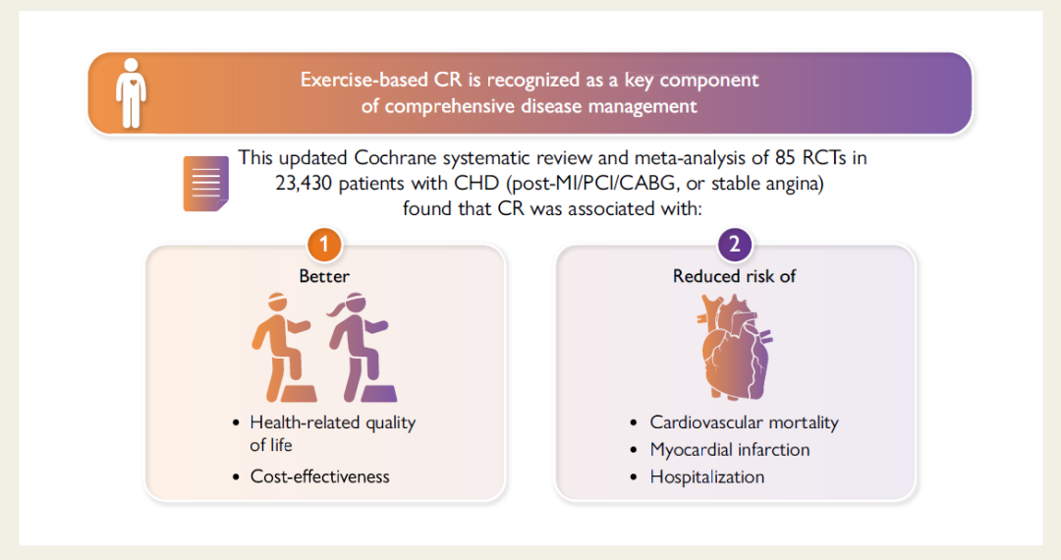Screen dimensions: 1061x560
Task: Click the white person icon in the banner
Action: point(131,93)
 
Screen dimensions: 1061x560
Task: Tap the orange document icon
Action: point(205,184)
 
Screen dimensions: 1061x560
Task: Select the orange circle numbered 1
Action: point(324,244)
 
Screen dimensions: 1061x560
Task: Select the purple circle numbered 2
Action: point(734,244)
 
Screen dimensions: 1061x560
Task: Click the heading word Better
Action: point(324,276)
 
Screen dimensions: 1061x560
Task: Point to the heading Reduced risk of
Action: point(734,276)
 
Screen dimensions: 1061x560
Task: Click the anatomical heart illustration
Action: point(734,347)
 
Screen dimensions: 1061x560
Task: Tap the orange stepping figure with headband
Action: point(284,348)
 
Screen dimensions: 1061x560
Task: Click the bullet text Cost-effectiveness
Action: point(320,476)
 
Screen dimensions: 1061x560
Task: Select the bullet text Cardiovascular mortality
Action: point(745,422)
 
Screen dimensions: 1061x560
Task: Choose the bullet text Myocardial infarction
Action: point(729,450)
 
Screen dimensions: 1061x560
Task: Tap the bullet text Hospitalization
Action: point(707,476)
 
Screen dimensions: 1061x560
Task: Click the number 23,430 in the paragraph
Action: point(304,184)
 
